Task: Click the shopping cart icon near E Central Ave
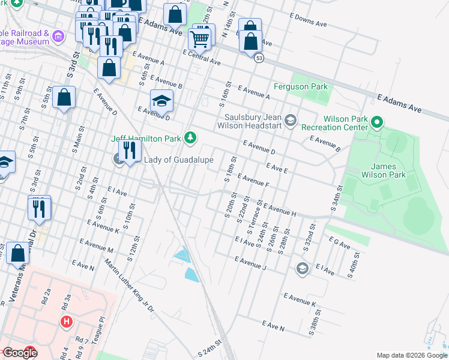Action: (200, 39)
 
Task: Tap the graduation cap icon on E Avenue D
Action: (161, 101)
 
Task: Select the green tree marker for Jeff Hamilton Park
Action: (190, 139)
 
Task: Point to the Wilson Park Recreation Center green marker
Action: (377, 123)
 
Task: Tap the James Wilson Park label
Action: (388, 170)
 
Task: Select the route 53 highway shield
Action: (259, 58)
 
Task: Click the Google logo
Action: (20, 353)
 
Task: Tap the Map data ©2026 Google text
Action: (411, 355)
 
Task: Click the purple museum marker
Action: (58, 37)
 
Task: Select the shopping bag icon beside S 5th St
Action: (64, 98)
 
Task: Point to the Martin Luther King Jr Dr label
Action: (130, 286)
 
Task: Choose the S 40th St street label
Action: (356, 263)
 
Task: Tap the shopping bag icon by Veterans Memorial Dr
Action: (17, 253)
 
